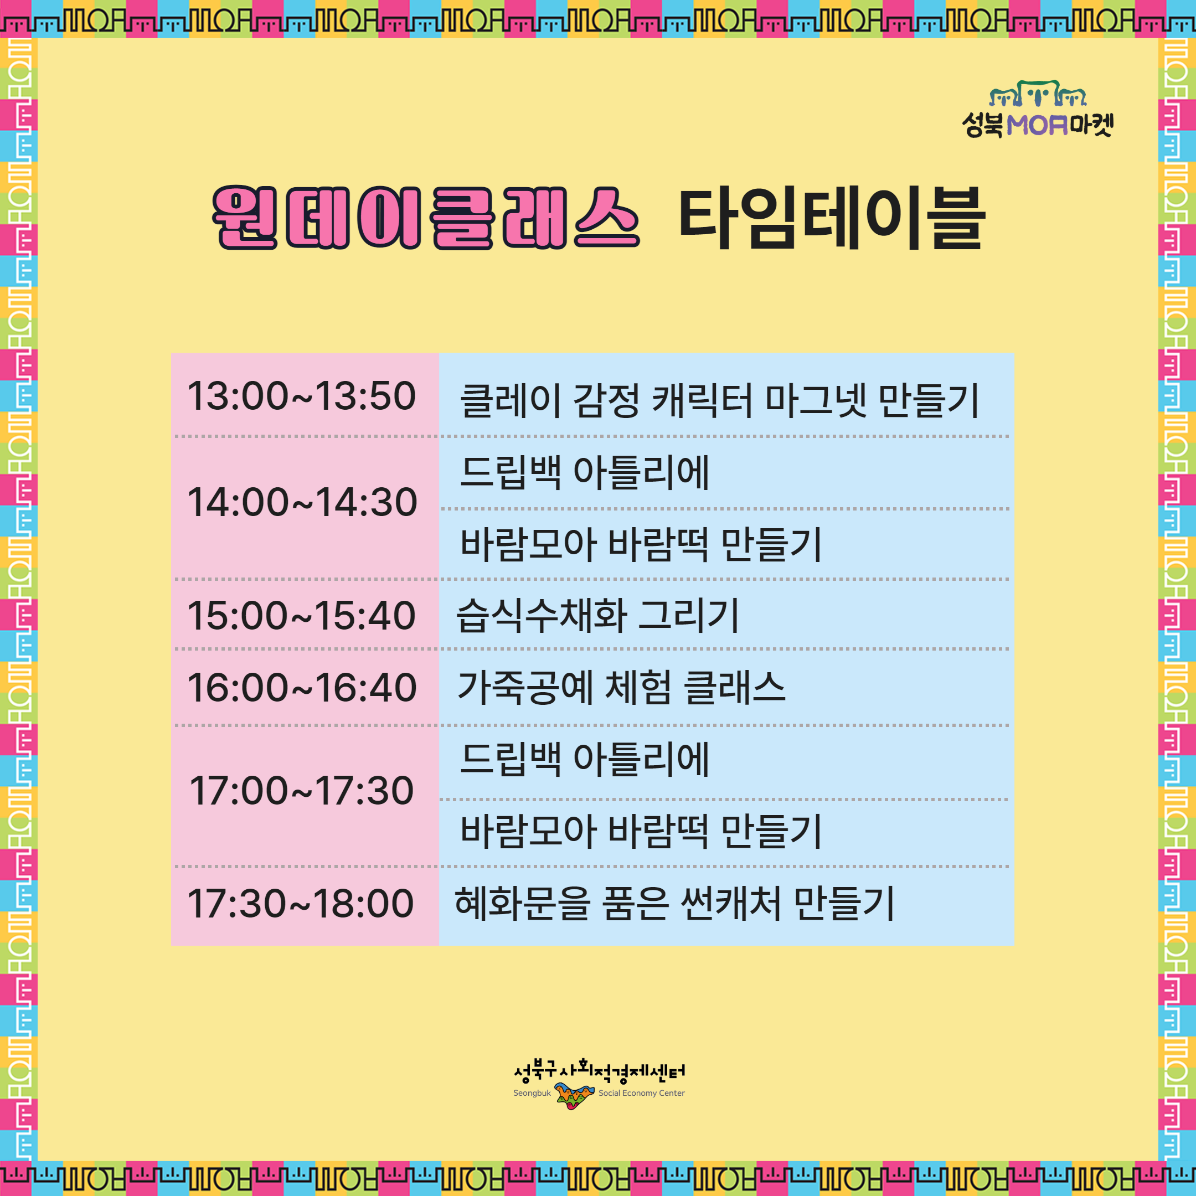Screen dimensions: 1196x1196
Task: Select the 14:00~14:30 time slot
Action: [x=302, y=502]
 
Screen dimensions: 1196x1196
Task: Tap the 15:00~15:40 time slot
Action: [x=301, y=615]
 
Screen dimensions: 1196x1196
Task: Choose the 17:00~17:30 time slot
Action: [x=301, y=791]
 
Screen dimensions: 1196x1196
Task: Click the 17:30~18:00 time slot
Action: [x=301, y=903]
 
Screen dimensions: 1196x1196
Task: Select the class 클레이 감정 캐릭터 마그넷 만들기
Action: [x=719, y=400]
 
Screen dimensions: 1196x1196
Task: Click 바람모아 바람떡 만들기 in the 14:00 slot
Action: [x=641, y=544]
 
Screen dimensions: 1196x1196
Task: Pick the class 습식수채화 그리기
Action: [x=597, y=615]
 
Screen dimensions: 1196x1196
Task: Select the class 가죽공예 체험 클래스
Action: [x=621, y=687]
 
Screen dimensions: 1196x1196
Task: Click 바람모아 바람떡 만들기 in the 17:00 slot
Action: [x=641, y=831]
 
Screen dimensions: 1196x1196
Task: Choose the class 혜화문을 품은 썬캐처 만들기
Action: [x=675, y=903]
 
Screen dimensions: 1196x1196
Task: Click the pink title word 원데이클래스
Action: [x=426, y=218]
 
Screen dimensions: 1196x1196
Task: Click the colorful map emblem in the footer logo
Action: [x=575, y=1095]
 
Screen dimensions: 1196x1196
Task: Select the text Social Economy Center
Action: [x=641, y=1093]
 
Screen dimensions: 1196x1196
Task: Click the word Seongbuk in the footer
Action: [x=532, y=1093]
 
